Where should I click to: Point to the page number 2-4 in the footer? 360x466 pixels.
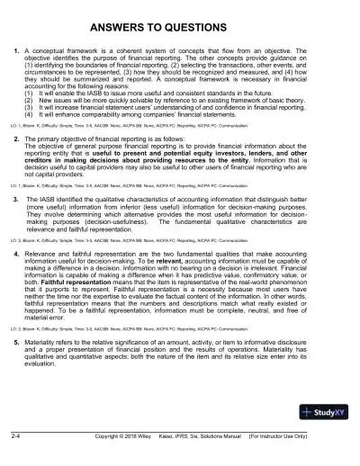click(16, 459)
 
